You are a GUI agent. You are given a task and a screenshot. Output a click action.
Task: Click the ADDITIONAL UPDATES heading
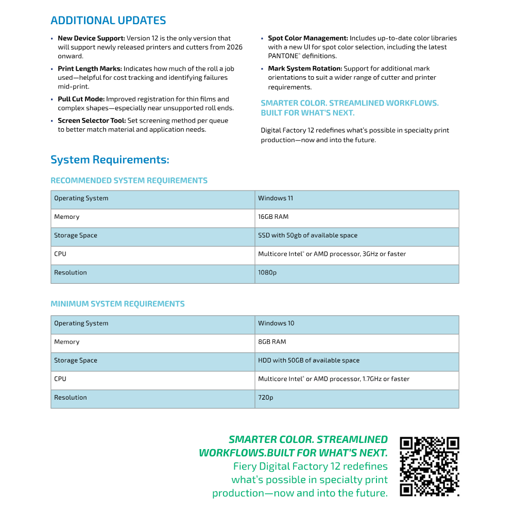(108, 21)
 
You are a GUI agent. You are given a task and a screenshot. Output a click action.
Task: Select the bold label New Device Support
(91, 38)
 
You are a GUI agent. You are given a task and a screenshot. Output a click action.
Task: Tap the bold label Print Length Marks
(90, 68)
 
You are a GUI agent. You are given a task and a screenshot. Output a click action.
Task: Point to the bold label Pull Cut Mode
(81, 99)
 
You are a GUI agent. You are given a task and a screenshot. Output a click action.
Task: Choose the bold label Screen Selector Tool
(91, 121)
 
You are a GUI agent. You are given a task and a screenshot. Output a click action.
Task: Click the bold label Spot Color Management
(308, 38)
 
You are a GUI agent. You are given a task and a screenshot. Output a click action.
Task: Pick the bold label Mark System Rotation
(305, 68)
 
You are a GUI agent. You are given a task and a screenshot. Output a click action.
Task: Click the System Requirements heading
(110, 160)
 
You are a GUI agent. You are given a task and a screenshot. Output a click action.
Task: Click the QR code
(430, 467)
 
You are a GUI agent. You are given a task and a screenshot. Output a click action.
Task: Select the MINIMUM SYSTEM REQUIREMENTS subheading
(117, 304)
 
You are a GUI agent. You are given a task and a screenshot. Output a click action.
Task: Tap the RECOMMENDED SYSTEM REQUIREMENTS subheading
(129, 181)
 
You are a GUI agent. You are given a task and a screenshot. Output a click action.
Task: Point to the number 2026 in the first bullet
(235, 47)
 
